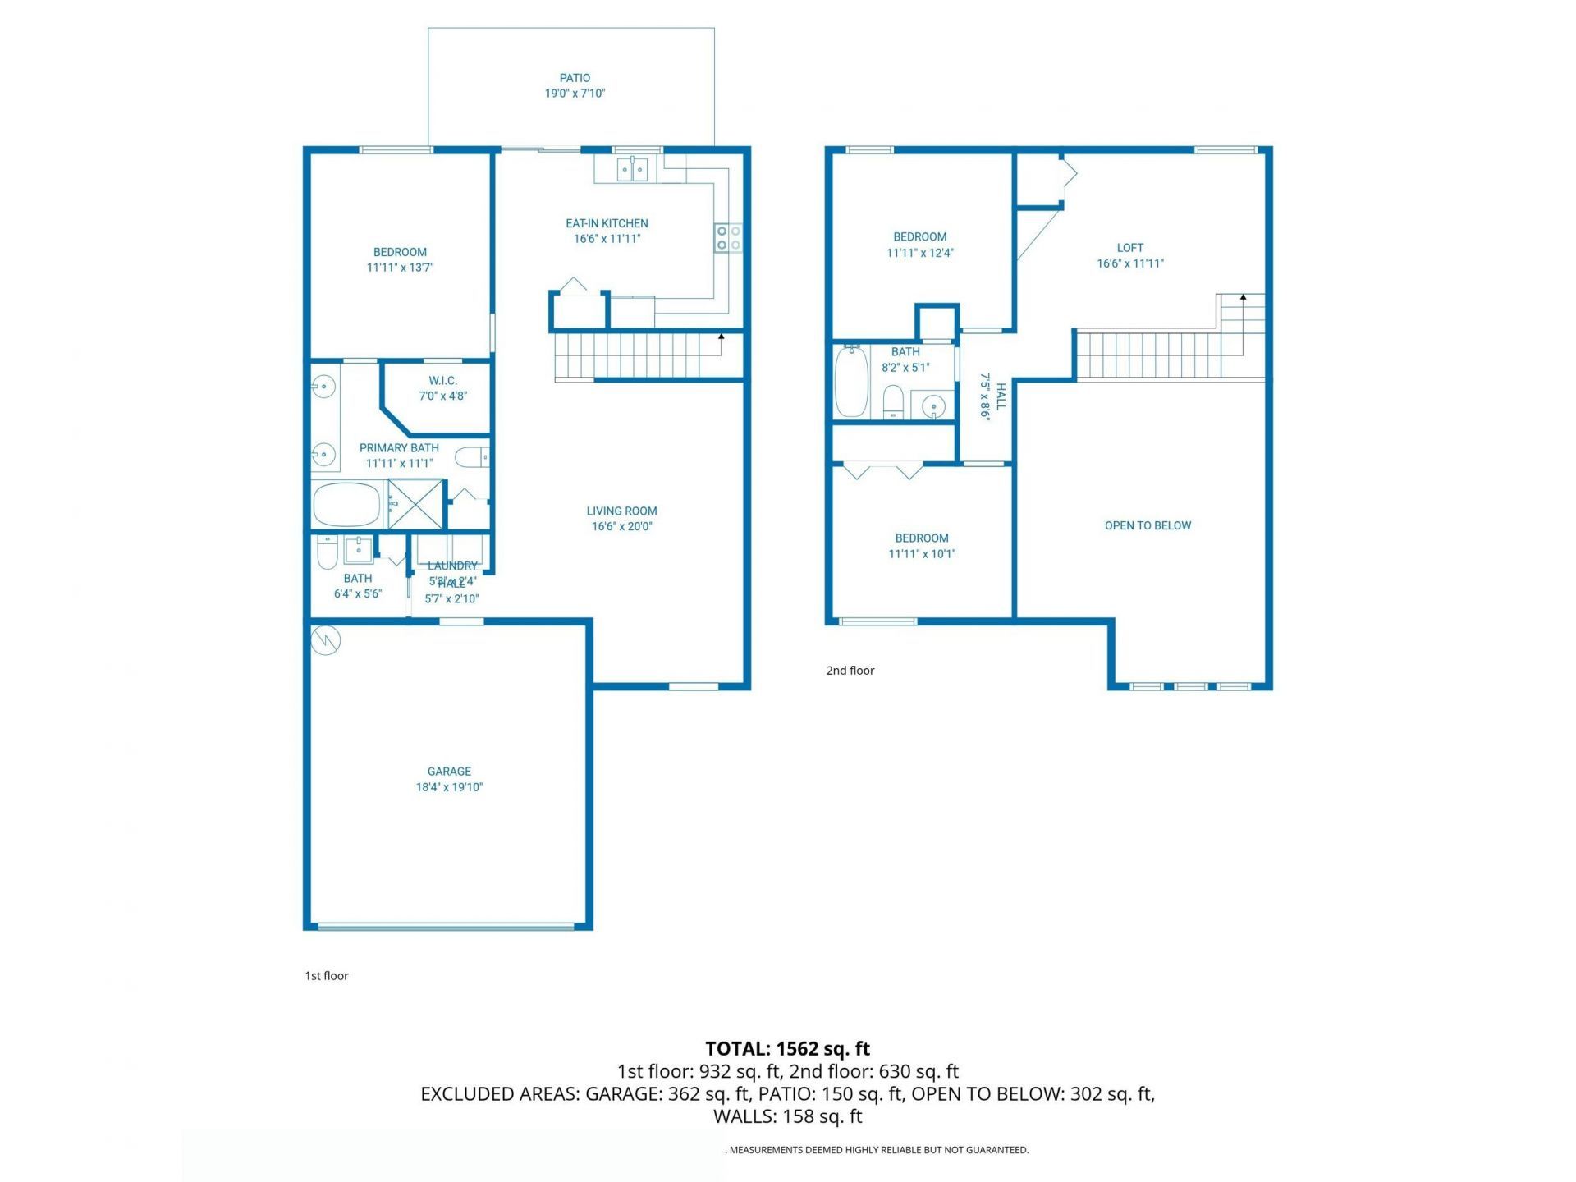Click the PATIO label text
tap(575, 78)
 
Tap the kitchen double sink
tap(631, 170)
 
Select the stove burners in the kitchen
tap(728, 238)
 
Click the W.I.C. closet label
tap(442, 381)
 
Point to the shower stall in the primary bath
tap(415, 504)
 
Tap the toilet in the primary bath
tap(472, 457)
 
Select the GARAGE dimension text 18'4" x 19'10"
tap(449, 787)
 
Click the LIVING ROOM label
tap(621, 511)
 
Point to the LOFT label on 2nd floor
tap(1129, 248)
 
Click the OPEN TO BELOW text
tap(1148, 525)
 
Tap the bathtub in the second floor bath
tap(851, 382)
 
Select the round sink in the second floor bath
tap(933, 405)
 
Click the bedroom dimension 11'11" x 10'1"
tap(922, 554)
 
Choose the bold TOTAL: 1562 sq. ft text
tap(787, 1048)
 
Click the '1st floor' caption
tap(327, 975)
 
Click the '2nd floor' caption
tap(850, 671)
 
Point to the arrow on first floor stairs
tap(722, 337)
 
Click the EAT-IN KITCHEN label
tap(607, 223)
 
